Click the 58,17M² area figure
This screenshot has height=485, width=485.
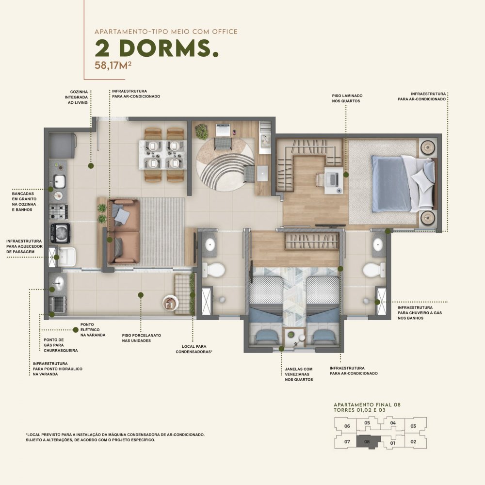click(x=113, y=65)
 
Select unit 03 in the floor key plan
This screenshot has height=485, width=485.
click(x=413, y=426)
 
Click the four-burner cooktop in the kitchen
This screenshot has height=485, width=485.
click(x=59, y=211)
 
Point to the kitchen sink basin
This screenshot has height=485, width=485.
click(x=59, y=181)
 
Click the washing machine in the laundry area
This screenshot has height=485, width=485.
click(x=60, y=233)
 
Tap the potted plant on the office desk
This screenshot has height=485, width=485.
click(x=201, y=131)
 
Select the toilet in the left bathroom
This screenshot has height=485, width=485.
click(x=213, y=270)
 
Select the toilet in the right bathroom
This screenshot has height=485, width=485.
click(x=374, y=270)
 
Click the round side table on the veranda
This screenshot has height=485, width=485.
click(x=170, y=303)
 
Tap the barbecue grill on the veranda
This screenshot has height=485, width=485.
click(x=58, y=304)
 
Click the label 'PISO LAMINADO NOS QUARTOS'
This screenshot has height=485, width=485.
click(x=347, y=98)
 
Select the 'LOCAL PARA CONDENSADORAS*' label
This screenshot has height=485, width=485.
click(x=194, y=349)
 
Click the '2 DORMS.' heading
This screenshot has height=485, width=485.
click(x=157, y=48)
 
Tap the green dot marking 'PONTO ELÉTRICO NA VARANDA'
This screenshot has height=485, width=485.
click(x=76, y=330)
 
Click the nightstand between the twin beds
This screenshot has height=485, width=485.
click(x=294, y=338)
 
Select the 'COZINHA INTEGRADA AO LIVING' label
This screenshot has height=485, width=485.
click(x=77, y=97)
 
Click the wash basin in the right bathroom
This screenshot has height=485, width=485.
click(x=378, y=244)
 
